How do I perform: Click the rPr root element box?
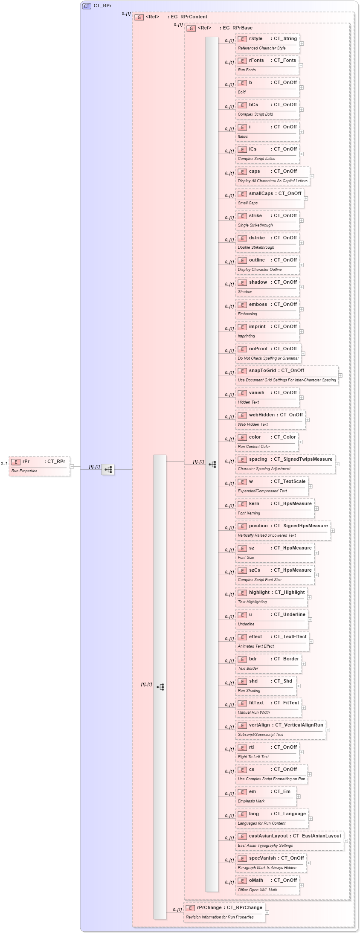point(39,466)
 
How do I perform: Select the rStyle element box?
point(267,43)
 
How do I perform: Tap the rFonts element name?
point(256,60)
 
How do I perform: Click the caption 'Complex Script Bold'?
point(255,114)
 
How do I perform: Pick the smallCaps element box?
point(270,198)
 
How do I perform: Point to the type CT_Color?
point(285,437)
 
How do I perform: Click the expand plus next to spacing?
point(337,464)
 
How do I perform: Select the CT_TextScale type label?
point(290,481)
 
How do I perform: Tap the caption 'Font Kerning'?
point(249,513)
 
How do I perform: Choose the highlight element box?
point(271,597)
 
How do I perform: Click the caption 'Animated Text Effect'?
point(256,646)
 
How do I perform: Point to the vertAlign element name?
point(259,725)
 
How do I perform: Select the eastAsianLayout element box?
point(290,840)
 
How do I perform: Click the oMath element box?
point(267,885)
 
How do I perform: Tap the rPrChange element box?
point(224,912)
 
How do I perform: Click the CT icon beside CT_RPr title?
point(87,6)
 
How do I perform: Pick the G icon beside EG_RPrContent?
point(139,17)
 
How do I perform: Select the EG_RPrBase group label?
point(237,28)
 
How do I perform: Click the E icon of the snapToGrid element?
point(242,371)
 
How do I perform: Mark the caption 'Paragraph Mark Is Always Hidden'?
point(267,868)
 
